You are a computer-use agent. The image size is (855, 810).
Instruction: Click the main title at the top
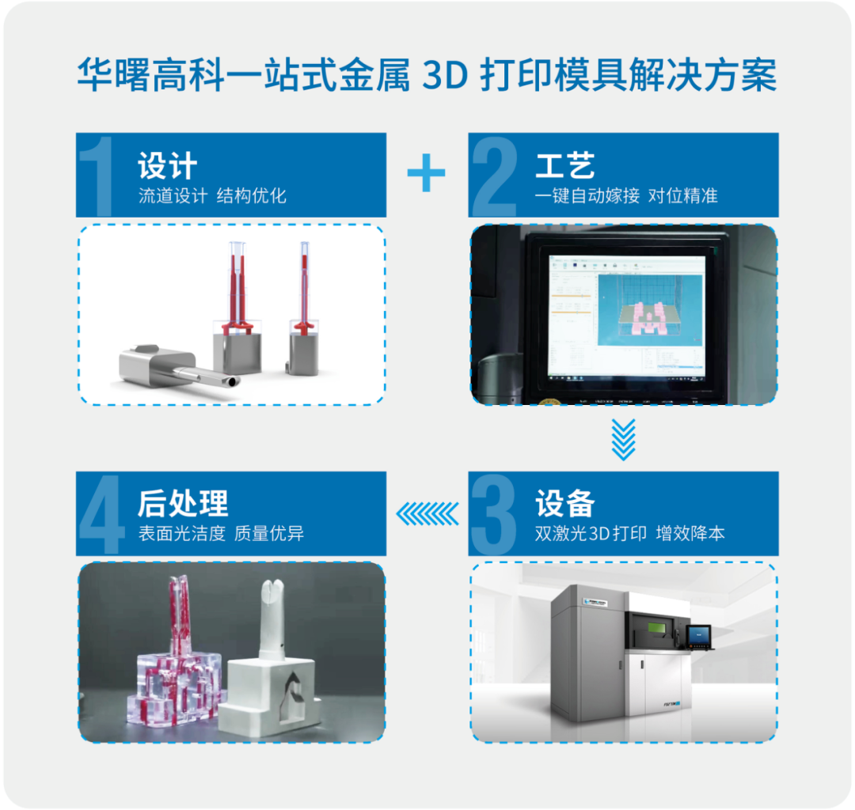click(x=427, y=76)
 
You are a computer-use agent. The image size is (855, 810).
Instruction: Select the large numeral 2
click(x=495, y=176)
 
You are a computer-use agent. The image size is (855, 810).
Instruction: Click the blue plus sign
click(x=427, y=172)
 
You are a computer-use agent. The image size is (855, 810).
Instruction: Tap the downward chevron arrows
click(x=624, y=440)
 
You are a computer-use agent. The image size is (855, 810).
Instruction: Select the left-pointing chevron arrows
click(x=427, y=514)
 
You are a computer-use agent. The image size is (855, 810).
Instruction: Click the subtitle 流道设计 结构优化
click(x=212, y=196)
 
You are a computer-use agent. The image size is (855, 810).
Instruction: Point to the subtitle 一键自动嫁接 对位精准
click(x=625, y=196)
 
